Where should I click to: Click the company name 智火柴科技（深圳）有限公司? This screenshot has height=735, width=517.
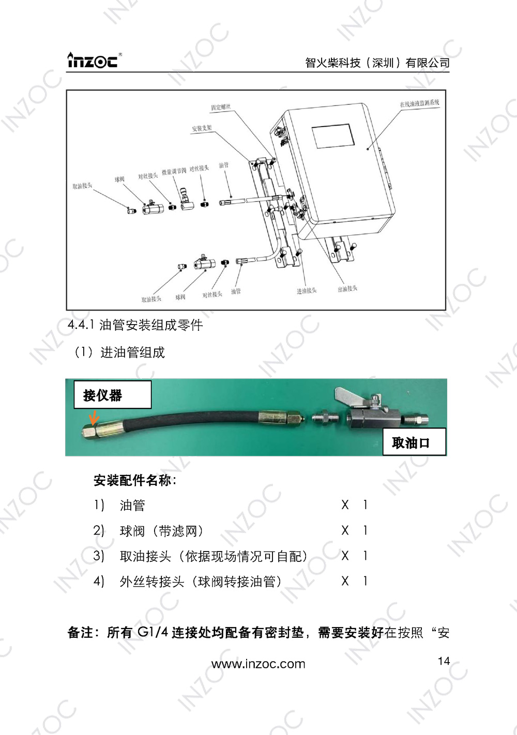tap(377, 63)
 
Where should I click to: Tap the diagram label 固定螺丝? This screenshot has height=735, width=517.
tap(221, 107)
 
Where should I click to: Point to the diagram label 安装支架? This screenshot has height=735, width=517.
tap(202, 128)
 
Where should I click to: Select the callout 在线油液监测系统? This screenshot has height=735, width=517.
tap(419, 103)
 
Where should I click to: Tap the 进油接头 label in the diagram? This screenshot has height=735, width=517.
tap(307, 291)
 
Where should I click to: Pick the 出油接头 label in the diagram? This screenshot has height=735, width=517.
tap(347, 288)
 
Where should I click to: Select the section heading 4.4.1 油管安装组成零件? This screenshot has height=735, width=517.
tap(135, 325)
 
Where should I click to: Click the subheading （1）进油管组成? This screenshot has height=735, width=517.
tap(120, 353)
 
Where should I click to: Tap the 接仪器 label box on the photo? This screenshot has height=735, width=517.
tap(112, 395)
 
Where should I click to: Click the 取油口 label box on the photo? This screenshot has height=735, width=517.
tap(414, 442)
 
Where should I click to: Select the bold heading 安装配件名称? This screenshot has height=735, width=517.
tap(134, 480)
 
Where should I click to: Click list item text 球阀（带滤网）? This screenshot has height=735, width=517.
tap(161, 531)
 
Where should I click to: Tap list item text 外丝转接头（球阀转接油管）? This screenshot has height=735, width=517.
tap(201, 581)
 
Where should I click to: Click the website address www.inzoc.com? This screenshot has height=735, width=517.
tap(258, 664)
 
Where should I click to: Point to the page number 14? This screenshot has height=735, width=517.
tap(444, 661)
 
